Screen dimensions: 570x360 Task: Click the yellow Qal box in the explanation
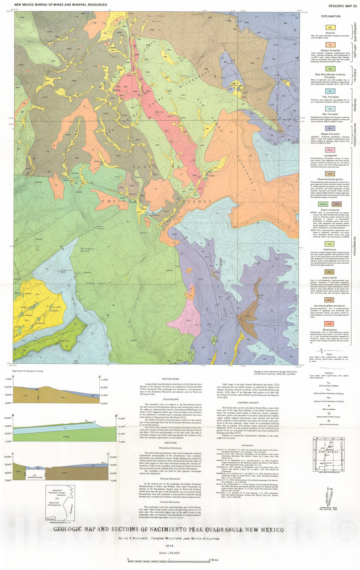pyautogui.click(x=330, y=27)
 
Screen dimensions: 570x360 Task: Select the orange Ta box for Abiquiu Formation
pyautogui.click(x=330, y=45)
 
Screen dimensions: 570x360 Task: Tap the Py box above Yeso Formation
pyautogui.click(x=330, y=91)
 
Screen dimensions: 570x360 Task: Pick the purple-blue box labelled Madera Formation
pyautogui.click(x=330, y=128)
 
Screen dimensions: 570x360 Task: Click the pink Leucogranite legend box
pyautogui.click(x=330, y=150)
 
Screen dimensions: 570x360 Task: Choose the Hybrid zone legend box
pyautogui.click(x=330, y=244)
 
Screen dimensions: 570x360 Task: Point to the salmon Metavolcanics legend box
pyautogui.click(x=330, y=324)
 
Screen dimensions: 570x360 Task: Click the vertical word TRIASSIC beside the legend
pyautogui.click(x=355, y=76)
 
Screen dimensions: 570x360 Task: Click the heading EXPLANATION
pyautogui.click(x=330, y=16)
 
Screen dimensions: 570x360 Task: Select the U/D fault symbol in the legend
pyautogui.click(x=322, y=351)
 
